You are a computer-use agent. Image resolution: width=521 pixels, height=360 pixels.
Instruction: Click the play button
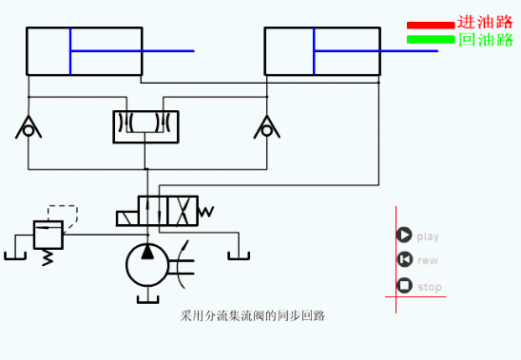pyautogui.click(x=404, y=236)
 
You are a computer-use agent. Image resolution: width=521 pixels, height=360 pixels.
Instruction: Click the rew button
pyautogui.click(x=404, y=260)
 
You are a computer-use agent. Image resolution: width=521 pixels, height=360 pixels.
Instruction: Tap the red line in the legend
pyautogui.click(x=431, y=26)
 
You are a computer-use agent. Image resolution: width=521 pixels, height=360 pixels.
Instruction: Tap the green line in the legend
pyautogui.click(x=431, y=40)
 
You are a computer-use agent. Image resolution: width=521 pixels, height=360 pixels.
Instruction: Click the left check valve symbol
pyautogui.click(x=29, y=127)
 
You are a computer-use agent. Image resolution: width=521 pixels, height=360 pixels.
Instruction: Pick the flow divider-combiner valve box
pyautogui.click(x=145, y=126)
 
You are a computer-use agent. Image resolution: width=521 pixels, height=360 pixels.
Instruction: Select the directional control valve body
pyautogui.click(x=158, y=212)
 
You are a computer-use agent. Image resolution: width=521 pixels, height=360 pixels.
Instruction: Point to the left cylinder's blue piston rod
pyautogui.click(x=133, y=50)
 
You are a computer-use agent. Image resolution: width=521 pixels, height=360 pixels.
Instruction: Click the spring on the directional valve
pyautogui.click(x=206, y=212)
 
